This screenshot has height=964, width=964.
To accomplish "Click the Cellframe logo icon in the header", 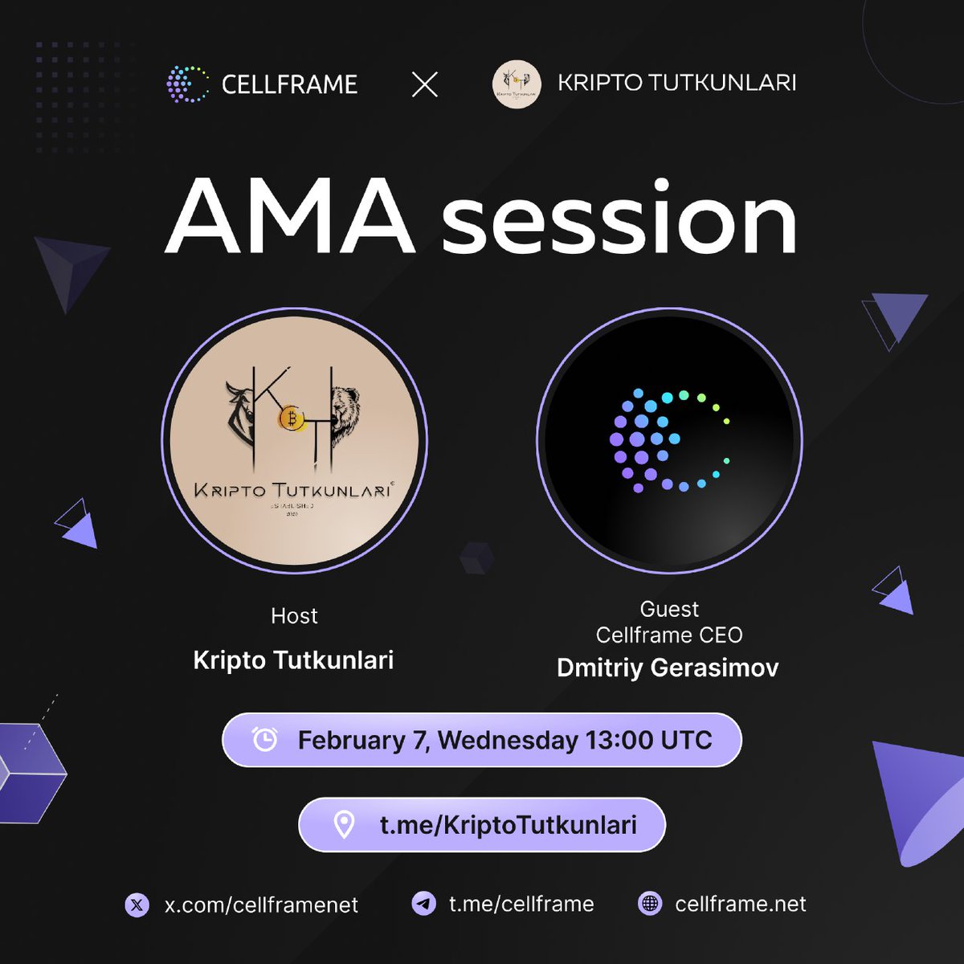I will click(x=186, y=84).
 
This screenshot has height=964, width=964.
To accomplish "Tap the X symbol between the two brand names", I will click(x=425, y=84).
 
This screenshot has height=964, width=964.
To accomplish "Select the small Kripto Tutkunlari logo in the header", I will click(x=516, y=84).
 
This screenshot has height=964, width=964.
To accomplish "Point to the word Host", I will click(x=294, y=616).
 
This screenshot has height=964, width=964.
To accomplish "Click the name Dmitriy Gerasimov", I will click(x=668, y=668).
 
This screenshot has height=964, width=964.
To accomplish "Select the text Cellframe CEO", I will click(x=669, y=635).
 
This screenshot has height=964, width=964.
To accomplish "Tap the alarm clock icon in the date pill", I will click(x=264, y=739).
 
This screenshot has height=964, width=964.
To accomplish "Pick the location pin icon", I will click(x=344, y=824).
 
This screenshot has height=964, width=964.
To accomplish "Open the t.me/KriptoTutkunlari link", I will click(x=508, y=825).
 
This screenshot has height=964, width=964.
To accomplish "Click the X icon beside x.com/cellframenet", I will click(x=137, y=905).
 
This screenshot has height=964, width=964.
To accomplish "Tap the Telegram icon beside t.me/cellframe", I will click(x=423, y=904).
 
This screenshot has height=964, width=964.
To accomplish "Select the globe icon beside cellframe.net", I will click(x=649, y=904).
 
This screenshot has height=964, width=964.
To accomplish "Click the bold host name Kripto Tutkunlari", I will click(x=293, y=660).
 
